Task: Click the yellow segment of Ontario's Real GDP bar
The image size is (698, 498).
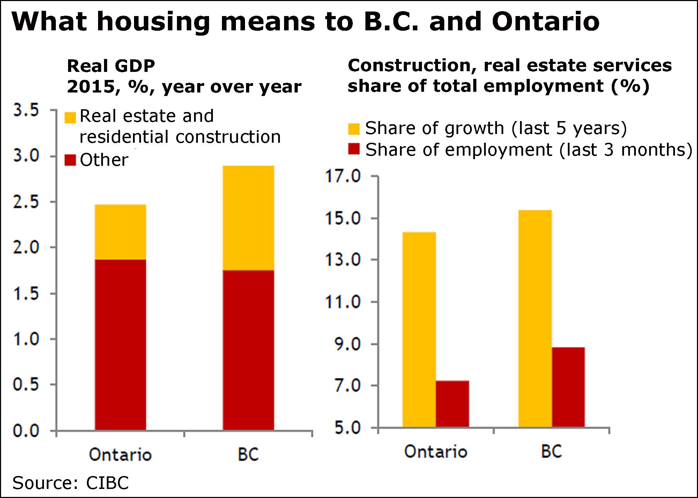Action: click(120, 232)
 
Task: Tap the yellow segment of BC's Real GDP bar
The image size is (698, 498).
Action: click(248, 218)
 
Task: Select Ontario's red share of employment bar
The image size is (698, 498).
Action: click(452, 404)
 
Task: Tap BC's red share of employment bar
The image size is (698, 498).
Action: click(568, 387)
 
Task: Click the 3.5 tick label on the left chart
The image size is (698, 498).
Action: click(26, 110)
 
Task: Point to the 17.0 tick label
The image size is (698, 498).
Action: click(343, 176)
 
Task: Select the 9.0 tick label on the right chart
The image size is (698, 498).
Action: click(348, 344)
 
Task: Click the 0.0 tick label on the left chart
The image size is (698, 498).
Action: click(26, 431)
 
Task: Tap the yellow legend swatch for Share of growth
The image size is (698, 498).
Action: click(354, 129)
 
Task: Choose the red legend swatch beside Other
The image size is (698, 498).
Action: click(70, 161)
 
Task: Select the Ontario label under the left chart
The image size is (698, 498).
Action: click(120, 454)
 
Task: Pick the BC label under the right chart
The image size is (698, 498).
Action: click(552, 452)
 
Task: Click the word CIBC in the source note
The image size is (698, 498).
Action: click(107, 483)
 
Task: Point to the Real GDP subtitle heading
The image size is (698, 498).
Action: click(111, 66)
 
